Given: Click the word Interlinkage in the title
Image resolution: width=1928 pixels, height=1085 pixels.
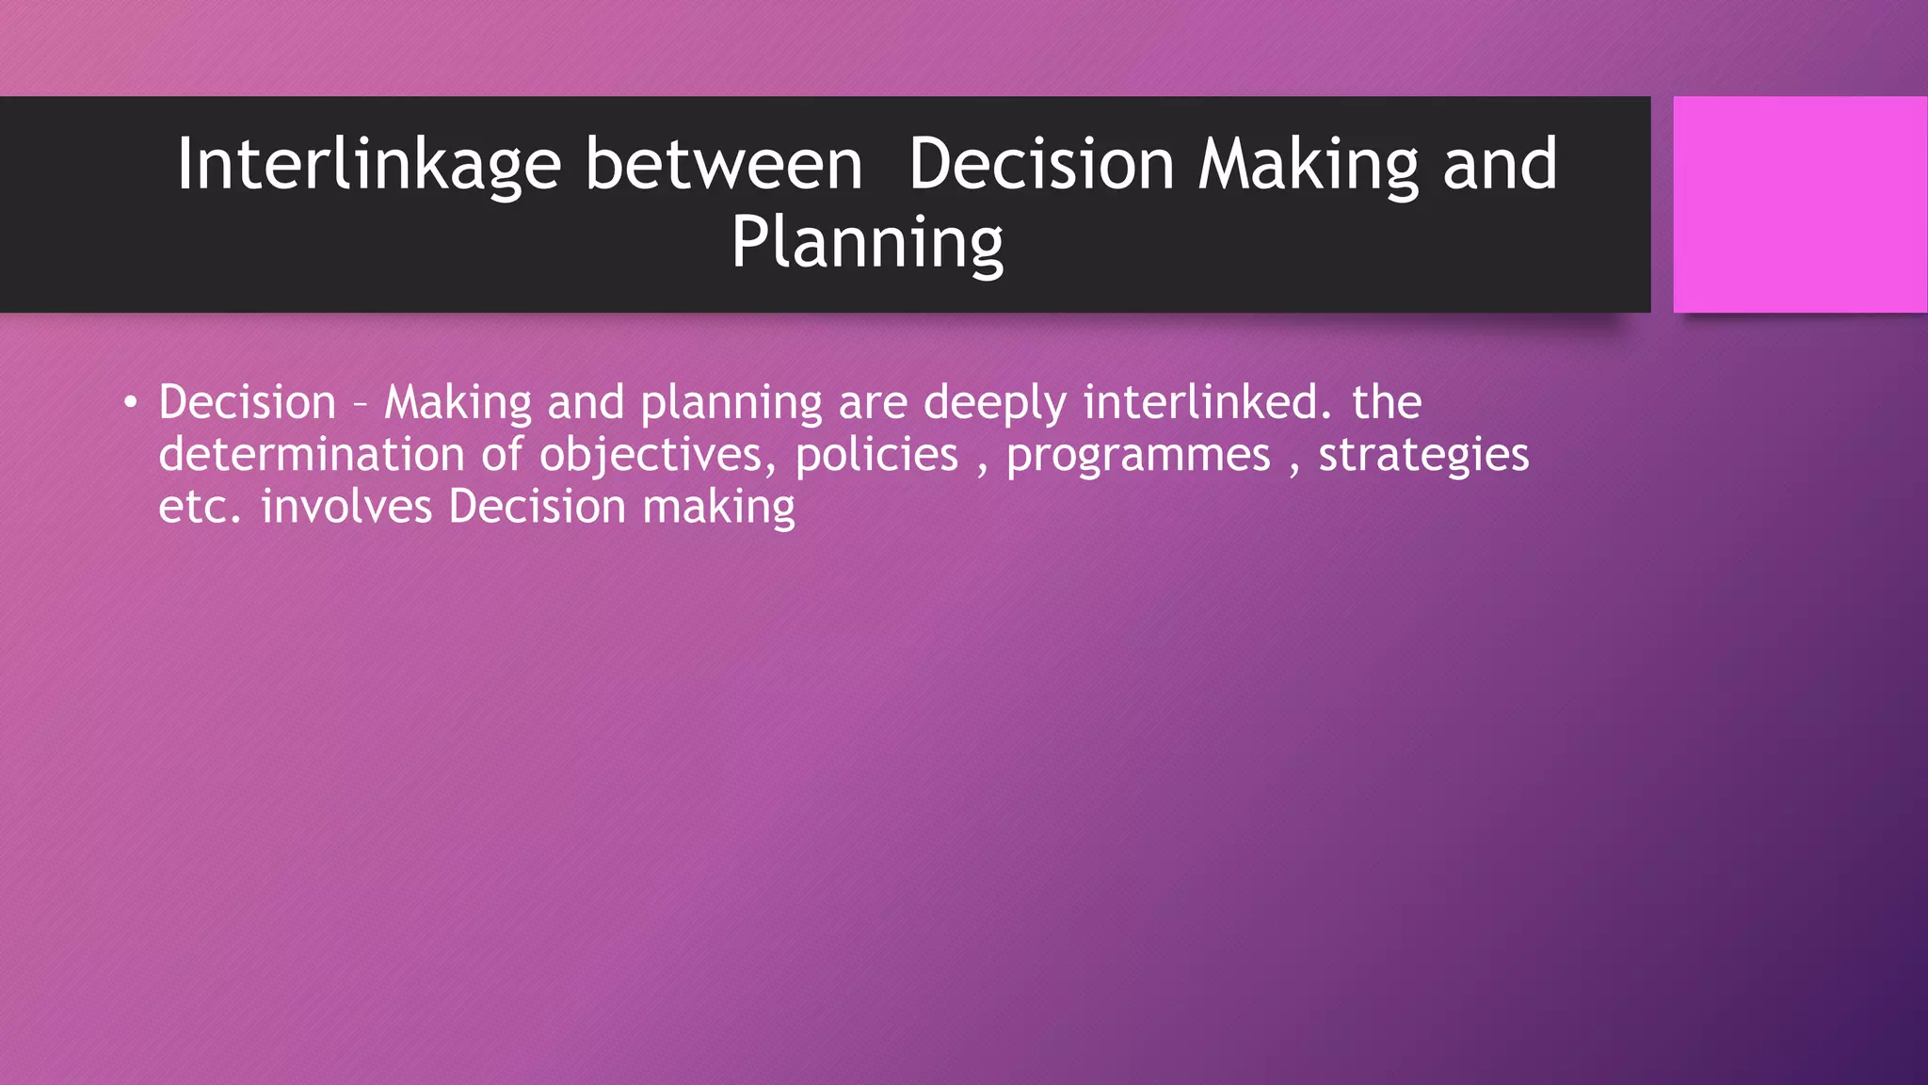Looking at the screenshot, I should click(368, 165).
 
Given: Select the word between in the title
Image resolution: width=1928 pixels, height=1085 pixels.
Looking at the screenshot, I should click(723, 165).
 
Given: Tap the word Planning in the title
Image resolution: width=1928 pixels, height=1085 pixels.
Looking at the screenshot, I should click(867, 243).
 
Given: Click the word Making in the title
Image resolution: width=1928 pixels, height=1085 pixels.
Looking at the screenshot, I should click(1308, 165).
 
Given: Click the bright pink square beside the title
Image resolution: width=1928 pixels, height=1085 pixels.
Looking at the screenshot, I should click(1799, 204).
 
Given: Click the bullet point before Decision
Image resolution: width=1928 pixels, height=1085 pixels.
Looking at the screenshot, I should click(130, 404).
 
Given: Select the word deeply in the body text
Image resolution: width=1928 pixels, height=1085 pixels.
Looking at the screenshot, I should click(994, 403).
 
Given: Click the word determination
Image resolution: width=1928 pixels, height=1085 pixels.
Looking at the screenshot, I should click(312, 455).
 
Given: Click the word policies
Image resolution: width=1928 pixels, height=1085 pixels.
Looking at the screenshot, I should click(876, 455).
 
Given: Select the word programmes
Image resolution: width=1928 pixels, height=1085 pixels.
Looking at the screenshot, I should click(1138, 457).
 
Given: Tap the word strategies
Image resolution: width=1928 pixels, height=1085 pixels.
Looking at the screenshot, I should click(1423, 456).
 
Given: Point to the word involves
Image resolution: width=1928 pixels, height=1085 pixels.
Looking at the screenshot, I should click(345, 507).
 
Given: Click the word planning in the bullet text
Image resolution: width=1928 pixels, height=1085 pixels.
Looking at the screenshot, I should click(731, 403).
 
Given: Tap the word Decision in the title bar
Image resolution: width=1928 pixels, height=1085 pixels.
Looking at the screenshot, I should click(1041, 165).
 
